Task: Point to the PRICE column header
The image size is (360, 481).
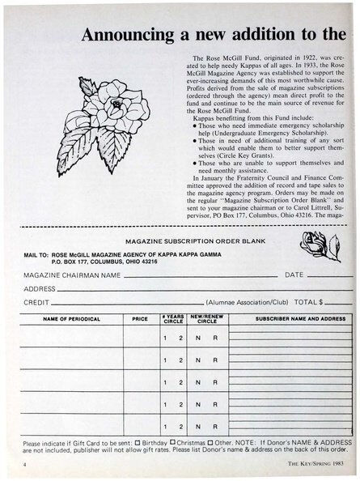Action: point(140,319)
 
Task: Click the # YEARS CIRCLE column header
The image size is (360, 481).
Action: point(173,319)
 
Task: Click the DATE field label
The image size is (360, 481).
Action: point(294,275)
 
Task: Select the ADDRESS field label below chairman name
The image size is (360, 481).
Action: point(39,288)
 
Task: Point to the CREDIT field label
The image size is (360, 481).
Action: point(36,301)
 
